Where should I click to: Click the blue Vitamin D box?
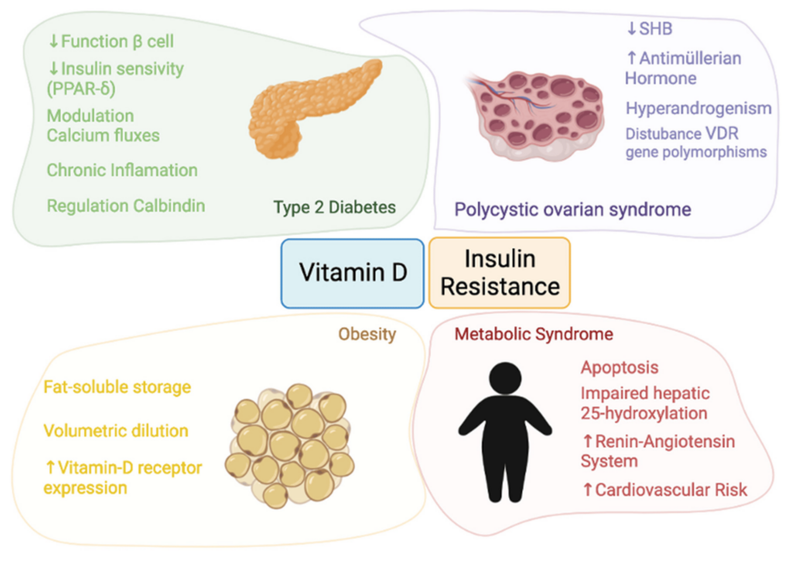tap(352, 272)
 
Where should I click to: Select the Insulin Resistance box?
tap(500, 272)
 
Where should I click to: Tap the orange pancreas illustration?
tap(312, 108)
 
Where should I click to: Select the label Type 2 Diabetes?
tap(334, 208)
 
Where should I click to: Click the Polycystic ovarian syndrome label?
tap(572, 209)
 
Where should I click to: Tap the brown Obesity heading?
tap(367, 335)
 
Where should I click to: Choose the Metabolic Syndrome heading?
tap(534, 335)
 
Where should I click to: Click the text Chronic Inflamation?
tap(122, 170)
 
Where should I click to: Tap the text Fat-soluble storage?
tap(117, 386)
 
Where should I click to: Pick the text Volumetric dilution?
tap(116, 431)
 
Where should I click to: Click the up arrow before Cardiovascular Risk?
tap(586, 489)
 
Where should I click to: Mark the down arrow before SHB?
tap(630, 29)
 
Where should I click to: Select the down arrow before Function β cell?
tap(53, 41)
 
